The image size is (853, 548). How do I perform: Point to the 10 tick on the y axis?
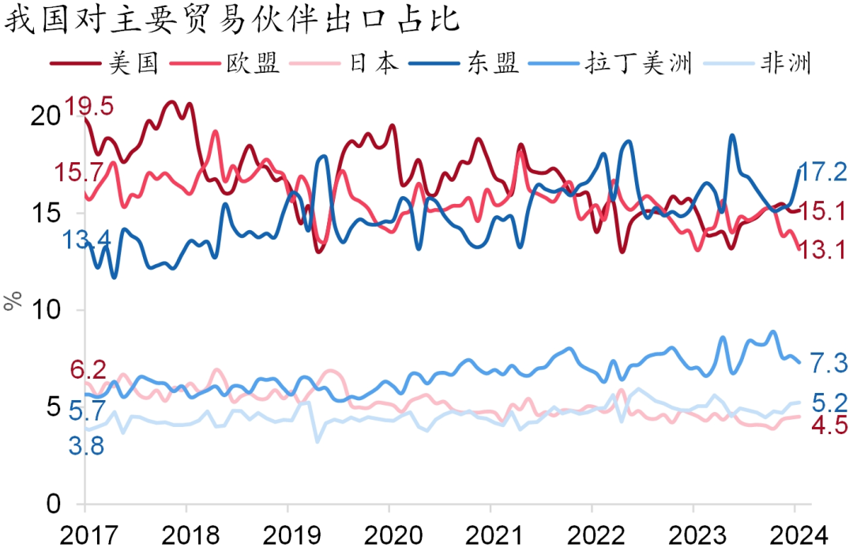pos(47,310)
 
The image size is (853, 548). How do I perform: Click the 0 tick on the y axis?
pos(54,504)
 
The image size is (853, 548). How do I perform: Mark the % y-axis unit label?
pos(12,301)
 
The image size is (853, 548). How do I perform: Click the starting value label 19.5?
pos(89,106)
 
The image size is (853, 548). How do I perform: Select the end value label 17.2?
pos(821,172)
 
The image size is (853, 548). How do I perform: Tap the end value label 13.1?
pos(821,251)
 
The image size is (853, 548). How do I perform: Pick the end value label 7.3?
pos(829,364)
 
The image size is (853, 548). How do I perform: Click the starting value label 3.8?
pos(86,446)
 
